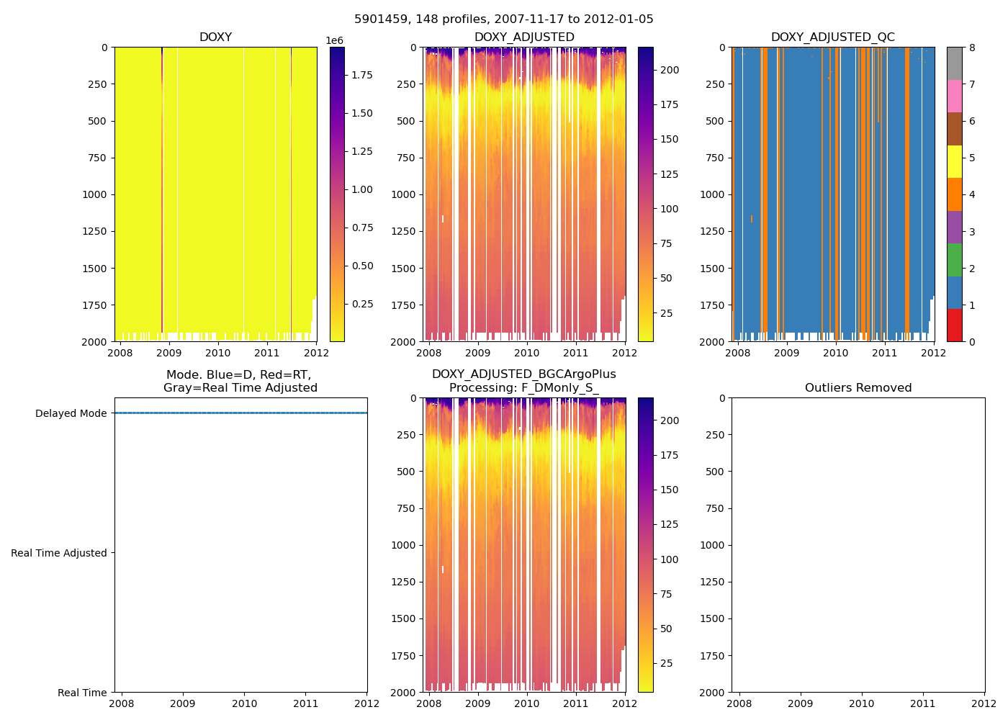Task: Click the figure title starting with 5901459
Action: [504, 19]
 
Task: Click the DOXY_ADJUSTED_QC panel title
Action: [833, 37]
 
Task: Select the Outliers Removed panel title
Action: [858, 388]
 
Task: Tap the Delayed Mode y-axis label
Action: [71, 413]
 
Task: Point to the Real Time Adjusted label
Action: [59, 553]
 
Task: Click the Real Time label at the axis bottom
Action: [82, 693]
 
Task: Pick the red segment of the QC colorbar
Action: [954, 325]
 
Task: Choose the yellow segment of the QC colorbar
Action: [954, 161]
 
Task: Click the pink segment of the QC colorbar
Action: [954, 96]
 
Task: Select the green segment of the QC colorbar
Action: [954, 259]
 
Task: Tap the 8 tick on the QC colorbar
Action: [972, 48]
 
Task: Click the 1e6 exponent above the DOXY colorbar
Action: [335, 40]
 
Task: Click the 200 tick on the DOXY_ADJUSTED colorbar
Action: [670, 70]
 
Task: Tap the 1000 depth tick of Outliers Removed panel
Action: [716, 545]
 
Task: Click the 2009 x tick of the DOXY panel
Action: [168, 353]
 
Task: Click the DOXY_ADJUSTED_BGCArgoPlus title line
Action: [524, 374]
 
